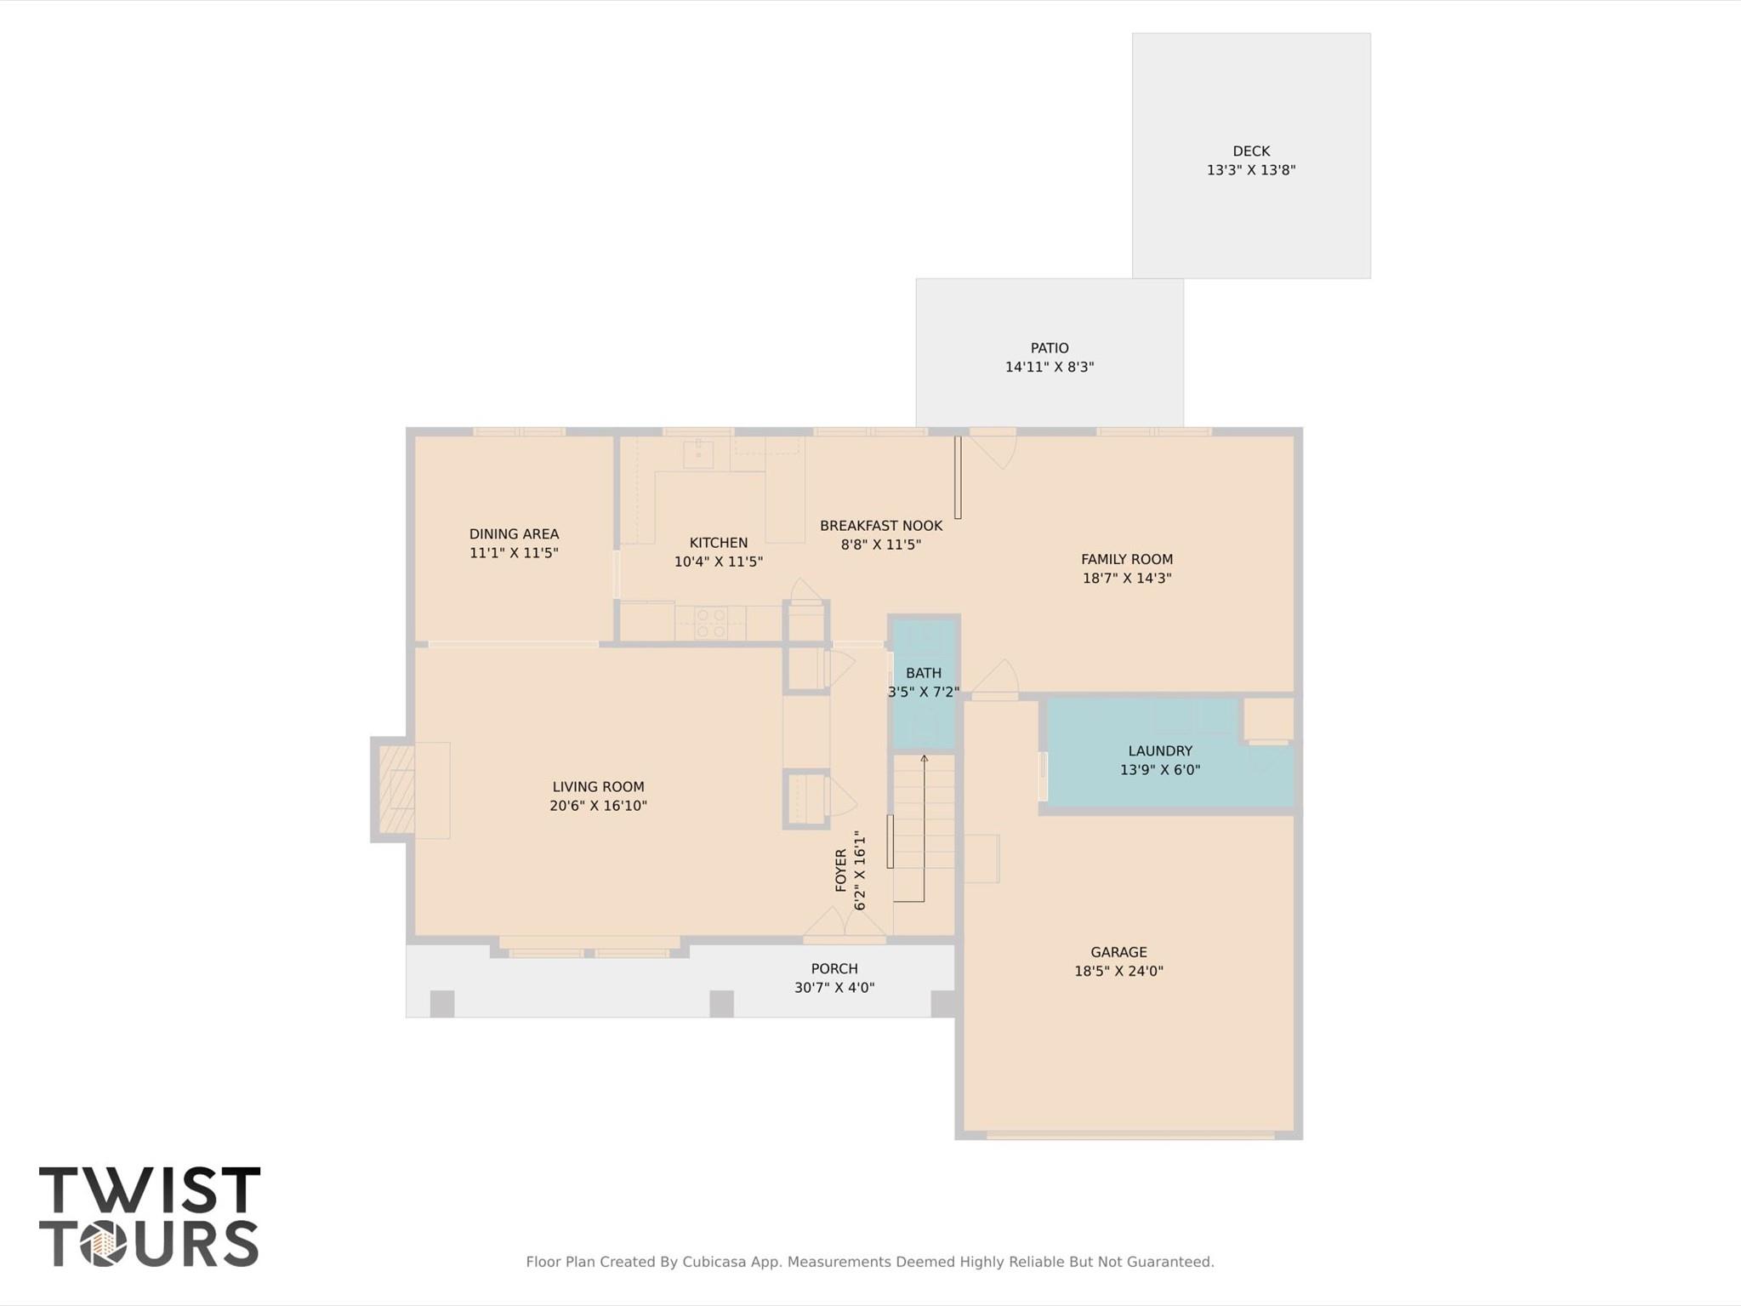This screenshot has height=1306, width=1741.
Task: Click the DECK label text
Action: click(x=1250, y=151)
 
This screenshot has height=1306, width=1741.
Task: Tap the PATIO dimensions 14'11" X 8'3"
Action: click(x=1049, y=368)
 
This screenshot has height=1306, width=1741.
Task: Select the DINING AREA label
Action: click(x=514, y=534)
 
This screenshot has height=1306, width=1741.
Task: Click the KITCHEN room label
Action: click(x=718, y=543)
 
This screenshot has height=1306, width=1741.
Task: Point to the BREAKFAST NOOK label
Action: click(x=880, y=526)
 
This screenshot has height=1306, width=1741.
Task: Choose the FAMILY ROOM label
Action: click(x=1126, y=559)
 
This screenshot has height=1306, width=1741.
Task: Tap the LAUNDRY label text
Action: click(x=1159, y=750)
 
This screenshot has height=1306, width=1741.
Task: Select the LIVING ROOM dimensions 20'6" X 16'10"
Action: click(x=598, y=806)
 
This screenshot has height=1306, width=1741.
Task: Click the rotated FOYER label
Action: click(x=841, y=870)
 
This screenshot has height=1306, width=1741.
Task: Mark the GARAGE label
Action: click(x=1118, y=952)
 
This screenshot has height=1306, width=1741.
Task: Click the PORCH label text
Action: click(x=834, y=968)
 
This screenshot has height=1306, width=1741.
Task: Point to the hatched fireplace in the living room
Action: click(x=395, y=790)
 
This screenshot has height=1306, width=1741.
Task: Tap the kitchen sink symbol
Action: click(x=698, y=454)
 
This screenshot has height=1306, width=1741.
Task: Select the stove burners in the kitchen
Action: click(x=710, y=623)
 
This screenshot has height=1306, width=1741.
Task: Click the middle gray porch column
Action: click(x=721, y=1003)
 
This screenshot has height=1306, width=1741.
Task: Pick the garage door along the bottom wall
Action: click(x=1129, y=1135)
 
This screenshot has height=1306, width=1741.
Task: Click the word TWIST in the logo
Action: click(x=149, y=1189)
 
